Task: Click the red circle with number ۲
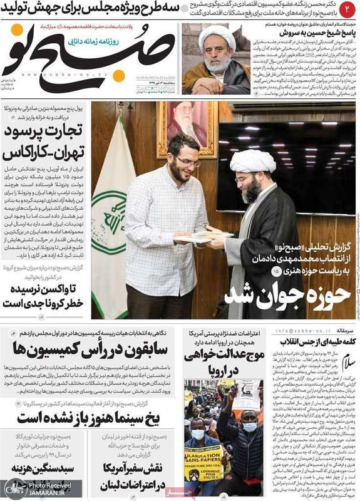point(348,9)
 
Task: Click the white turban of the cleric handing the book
point(252,162)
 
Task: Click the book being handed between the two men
point(198,237)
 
